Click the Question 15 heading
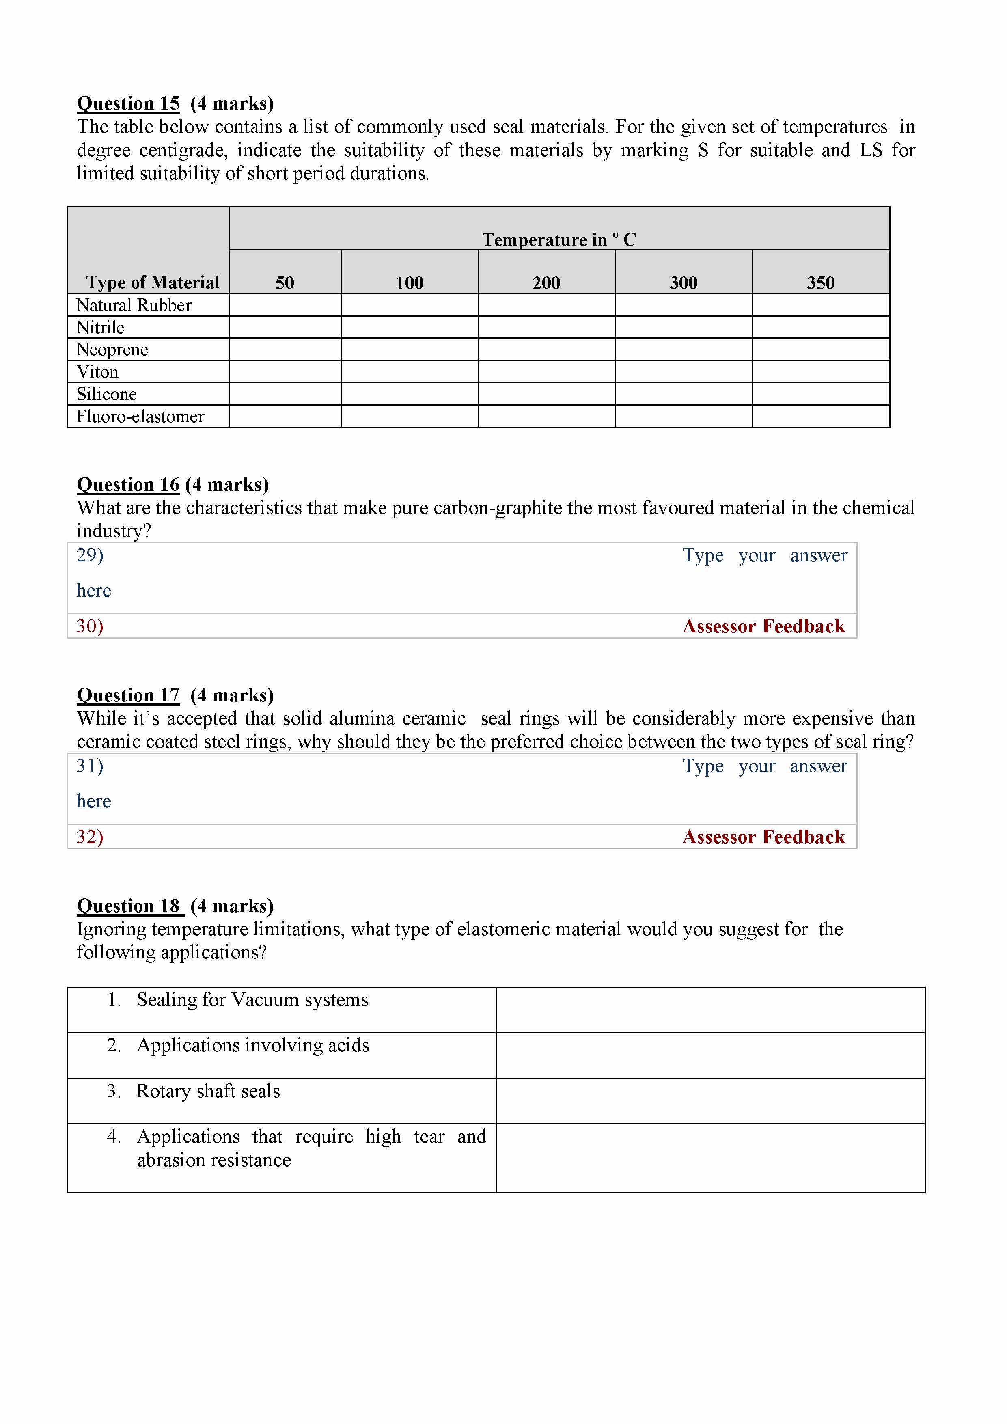tap(128, 103)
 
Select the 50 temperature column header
tap(285, 283)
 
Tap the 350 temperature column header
tap(820, 283)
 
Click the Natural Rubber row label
tap(134, 305)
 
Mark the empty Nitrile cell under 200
tap(546, 328)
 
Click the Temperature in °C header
tap(558, 239)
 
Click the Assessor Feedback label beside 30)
tap(763, 626)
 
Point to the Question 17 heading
tap(128, 695)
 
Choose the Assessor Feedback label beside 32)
tap(763, 837)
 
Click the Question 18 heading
tap(130, 906)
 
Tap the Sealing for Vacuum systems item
tap(252, 1000)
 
